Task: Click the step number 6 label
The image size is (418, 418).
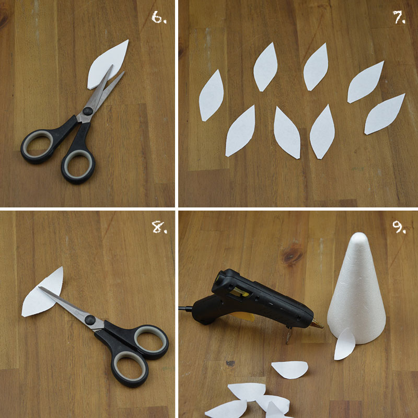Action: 159,18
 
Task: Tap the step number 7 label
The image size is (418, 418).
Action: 399,18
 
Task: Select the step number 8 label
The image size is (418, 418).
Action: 159,227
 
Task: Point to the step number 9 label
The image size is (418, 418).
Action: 399,227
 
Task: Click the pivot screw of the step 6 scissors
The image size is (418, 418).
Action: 87,111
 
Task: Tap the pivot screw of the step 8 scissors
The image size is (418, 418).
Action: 90,320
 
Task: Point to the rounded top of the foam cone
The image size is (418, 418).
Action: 359,238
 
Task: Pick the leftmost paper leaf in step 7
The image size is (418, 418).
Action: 211,96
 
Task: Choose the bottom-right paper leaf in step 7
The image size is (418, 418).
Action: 384,114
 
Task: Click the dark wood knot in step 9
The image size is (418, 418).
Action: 293,256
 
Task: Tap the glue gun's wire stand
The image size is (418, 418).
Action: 289,335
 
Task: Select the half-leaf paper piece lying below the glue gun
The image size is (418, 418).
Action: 290,370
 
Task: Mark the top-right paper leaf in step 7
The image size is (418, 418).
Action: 365,82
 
